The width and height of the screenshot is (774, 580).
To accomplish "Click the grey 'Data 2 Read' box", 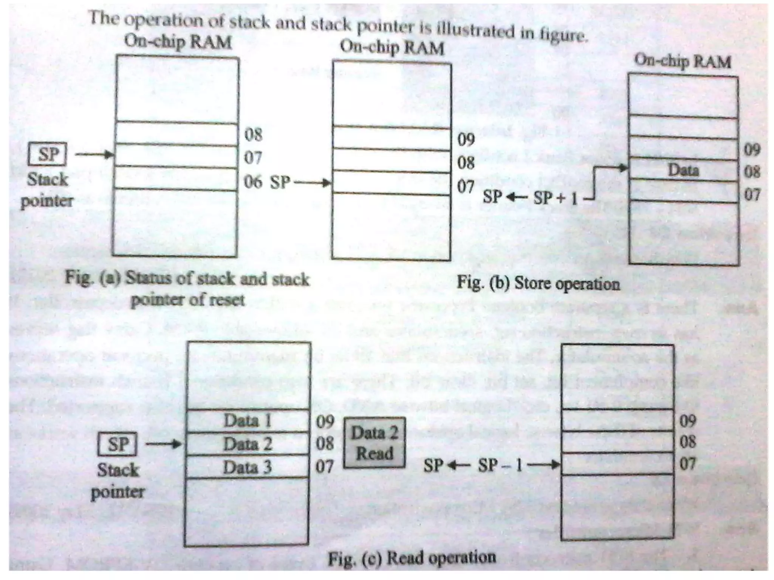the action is point(374,443).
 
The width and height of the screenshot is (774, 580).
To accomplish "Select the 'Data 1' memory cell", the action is point(248,421).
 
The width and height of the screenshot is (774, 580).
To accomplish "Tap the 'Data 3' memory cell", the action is point(248,467).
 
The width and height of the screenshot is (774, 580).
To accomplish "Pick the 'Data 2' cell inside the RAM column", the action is point(248,444).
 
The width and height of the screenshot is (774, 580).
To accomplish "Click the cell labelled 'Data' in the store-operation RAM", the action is point(683,170).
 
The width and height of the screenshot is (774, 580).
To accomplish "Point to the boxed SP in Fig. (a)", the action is point(48,154).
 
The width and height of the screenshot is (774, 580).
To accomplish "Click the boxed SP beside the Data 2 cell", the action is point(118,444).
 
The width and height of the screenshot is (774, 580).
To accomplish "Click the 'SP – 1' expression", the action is point(500,465).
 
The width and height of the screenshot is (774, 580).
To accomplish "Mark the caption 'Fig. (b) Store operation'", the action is point(539,283).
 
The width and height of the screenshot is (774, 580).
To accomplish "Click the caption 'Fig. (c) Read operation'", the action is point(412,557).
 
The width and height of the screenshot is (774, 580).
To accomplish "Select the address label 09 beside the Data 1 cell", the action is point(325,421).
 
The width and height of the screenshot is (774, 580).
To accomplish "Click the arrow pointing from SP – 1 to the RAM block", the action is point(544,465).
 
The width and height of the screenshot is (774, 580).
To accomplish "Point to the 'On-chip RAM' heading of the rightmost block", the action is point(683,61).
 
